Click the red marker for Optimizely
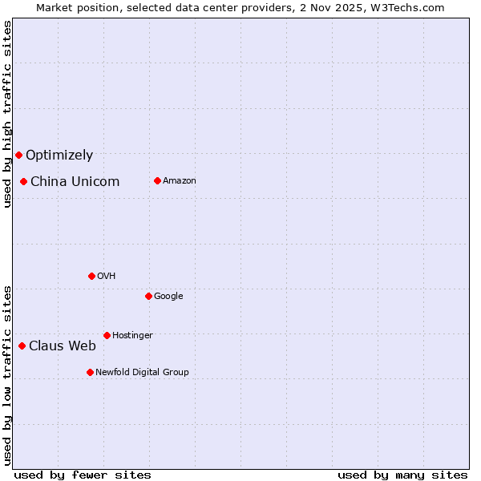pos(18,155)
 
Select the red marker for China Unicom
pos(23,181)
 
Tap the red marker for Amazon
pos(157,180)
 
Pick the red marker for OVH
pos(91,276)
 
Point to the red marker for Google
pos(148,296)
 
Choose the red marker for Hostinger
pos(107,335)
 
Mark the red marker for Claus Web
pos(22,346)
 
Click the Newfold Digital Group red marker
pos(90,372)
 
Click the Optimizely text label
pos(59,156)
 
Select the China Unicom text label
pos(75,182)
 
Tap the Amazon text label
pos(180,181)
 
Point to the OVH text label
pos(107,277)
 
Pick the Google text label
pos(168,297)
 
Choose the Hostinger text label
pos(132,336)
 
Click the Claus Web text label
pos(63,346)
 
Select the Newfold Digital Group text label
pos(142,373)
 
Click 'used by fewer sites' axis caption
pos(83,475)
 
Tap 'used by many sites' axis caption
pos(402,475)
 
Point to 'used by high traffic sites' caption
pos(7,114)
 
